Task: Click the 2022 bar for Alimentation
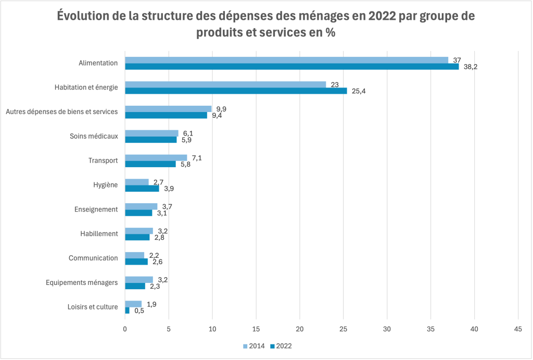(x=291, y=66)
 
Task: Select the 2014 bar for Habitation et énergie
(x=225, y=84)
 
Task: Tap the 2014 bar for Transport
(x=156, y=157)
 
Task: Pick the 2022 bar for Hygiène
(x=142, y=189)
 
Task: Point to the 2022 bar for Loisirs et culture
(x=127, y=311)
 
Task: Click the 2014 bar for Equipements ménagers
(x=138, y=280)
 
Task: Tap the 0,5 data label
(x=139, y=311)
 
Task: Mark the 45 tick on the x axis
(x=518, y=329)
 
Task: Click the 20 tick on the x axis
(x=300, y=329)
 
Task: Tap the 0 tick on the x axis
(x=125, y=329)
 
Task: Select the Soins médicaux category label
(x=94, y=136)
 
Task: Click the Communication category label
(x=93, y=258)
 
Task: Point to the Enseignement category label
(x=96, y=209)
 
